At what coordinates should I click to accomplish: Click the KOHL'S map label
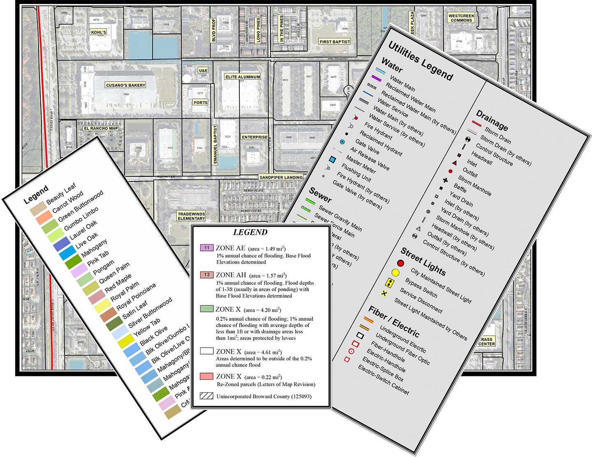pos(98,32)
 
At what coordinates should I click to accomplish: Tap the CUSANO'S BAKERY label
pos(125,85)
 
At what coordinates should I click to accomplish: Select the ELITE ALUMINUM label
pos(243,77)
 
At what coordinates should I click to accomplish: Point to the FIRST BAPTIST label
pos(335,42)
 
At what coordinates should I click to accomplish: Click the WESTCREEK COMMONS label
pos(461,18)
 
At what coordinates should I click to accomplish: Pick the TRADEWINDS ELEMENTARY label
pos(191,216)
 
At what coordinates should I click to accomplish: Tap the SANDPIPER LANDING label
pos(281,177)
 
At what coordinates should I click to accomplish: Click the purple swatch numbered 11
pos(206,248)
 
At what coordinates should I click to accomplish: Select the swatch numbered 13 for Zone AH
pos(206,274)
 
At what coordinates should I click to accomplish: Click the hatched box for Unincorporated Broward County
pos(206,396)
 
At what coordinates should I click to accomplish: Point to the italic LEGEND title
pos(250,232)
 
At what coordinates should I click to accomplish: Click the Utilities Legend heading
pos(420,61)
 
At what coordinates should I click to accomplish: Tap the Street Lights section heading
pos(423,262)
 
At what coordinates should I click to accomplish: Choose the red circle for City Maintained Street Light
pos(400,263)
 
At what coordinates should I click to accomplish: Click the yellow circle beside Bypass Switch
pos(395,272)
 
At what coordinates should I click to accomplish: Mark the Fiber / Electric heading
pos(393,322)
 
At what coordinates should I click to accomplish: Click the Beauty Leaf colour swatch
pos(37,209)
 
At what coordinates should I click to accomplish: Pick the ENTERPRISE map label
pos(254,137)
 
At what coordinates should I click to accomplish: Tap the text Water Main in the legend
pos(402,84)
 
